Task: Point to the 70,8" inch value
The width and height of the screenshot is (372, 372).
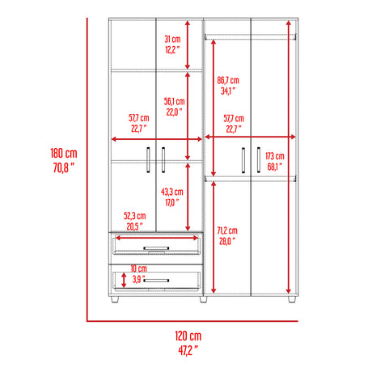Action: pos(62,168)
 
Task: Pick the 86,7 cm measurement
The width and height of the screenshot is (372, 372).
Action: pos(229,80)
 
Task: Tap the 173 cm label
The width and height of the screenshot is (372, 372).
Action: pos(274,156)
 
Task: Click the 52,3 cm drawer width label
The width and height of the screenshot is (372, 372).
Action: pos(134,216)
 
